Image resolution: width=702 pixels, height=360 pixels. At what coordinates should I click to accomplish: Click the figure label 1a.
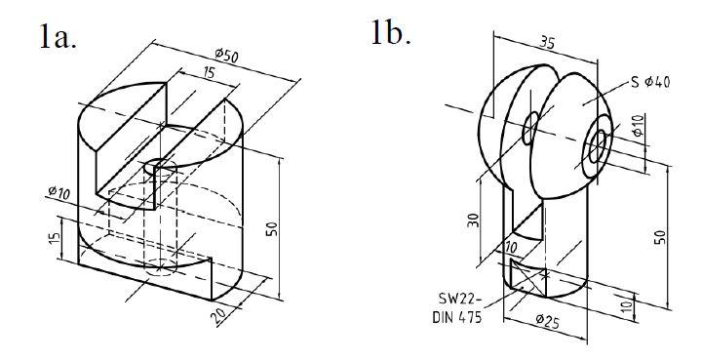click(x=58, y=36)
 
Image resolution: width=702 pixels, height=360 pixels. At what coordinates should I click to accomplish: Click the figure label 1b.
click(x=391, y=33)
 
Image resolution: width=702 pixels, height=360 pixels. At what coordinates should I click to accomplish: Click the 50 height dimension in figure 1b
click(x=662, y=236)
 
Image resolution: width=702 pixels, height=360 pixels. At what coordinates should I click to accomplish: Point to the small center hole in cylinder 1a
click(x=160, y=168)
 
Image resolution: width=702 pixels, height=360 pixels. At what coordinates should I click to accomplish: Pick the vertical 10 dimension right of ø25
click(x=624, y=304)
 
